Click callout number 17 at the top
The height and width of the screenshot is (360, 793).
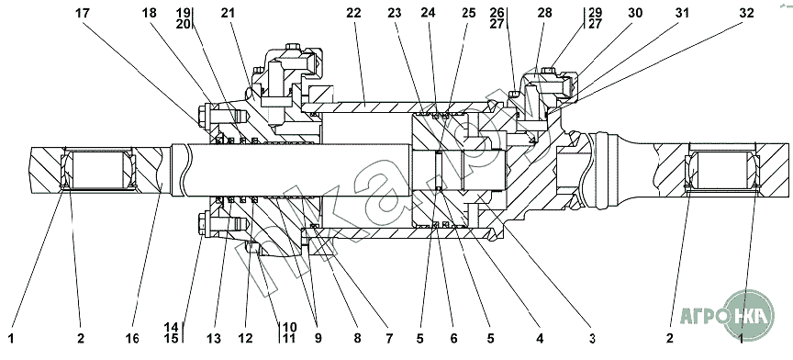[83, 13]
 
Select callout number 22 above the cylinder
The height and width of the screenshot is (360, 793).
[354, 13]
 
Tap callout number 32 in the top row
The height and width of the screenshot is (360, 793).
[746, 13]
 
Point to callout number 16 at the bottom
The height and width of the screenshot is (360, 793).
[133, 338]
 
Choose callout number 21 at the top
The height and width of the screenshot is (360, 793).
[229, 13]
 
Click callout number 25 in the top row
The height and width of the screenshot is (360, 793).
[468, 13]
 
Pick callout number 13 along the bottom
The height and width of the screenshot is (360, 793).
[215, 338]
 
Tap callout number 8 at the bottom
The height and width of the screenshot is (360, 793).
[358, 338]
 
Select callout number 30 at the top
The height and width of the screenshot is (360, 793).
[634, 13]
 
